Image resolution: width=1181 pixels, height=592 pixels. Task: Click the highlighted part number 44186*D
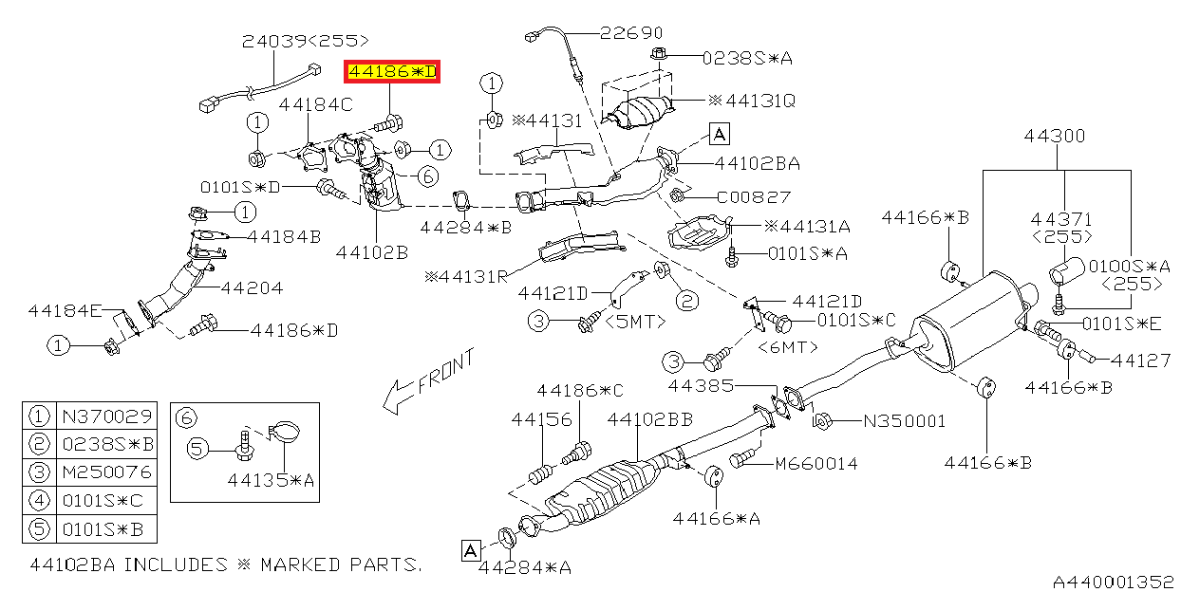(392, 72)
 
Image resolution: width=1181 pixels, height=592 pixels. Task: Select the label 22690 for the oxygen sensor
(631, 33)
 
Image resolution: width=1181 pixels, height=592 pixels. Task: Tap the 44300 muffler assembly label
(1054, 137)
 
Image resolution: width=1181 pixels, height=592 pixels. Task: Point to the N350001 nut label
(904, 420)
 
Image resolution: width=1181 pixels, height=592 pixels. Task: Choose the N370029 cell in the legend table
(104, 416)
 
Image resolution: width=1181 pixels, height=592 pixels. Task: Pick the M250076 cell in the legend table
(104, 472)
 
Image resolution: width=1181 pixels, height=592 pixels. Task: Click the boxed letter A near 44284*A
(470, 549)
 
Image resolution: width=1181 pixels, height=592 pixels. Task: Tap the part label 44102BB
(650, 418)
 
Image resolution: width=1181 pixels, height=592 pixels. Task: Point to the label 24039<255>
(305, 41)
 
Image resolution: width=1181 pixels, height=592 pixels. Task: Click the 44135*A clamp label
(270, 481)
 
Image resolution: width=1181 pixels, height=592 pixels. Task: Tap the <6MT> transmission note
(788, 347)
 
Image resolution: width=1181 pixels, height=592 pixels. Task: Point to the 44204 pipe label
(252, 287)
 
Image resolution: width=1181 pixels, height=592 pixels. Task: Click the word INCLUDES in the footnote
(177, 564)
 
